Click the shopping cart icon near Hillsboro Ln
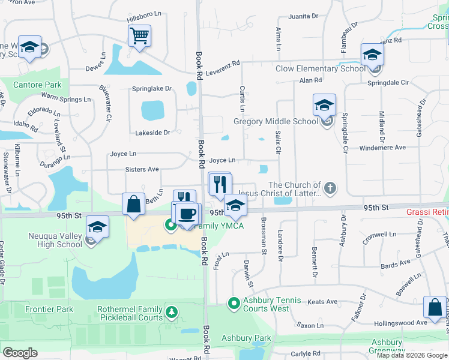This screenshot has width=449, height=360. [139, 36]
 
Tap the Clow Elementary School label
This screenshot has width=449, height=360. [321, 68]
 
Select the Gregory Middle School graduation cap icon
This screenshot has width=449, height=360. [324, 106]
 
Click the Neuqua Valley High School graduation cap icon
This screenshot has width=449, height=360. [96, 228]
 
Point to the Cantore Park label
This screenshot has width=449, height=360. [37, 85]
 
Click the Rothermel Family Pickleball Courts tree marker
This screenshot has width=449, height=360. [172, 312]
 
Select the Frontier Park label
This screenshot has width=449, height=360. [49, 309]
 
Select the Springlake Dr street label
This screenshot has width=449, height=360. [152, 89]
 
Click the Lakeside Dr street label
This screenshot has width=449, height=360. [153, 132]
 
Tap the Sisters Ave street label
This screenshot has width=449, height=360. [142, 170]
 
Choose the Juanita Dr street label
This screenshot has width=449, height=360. [302, 17]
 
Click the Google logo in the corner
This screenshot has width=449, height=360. [20, 353]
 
